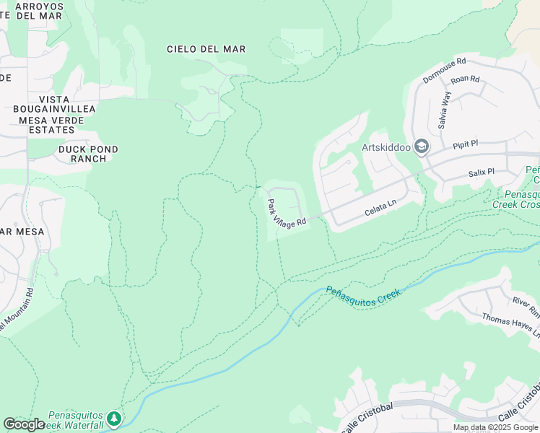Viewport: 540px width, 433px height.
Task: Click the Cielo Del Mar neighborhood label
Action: pyautogui.click(x=206, y=49)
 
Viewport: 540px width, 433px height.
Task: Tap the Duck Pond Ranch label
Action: pyautogui.click(x=88, y=154)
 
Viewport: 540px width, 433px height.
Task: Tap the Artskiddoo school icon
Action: pyautogui.click(x=422, y=147)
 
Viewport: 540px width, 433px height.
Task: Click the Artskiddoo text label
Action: pyautogui.click(x=386, y=147)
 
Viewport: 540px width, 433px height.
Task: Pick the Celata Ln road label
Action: pyautogui.click(x=381, y=207)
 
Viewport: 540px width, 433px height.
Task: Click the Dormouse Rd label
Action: pyautogui.click(x=445, y=71)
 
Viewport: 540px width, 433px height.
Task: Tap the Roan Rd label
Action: pyautogui.click(x=465, y=80)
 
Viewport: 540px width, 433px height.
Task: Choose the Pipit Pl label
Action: pyautogui.click(x=465, y=144)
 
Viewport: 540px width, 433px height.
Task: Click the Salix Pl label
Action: pyautogui.click(x=480, y=172)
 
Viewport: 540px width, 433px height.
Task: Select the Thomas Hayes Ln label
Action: pyautogui.click(x=510, y=322)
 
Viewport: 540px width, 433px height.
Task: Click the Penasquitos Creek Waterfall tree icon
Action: pyautogui.click(x=113, y=419)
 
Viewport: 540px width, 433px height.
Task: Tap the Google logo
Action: pyautogui.click(x=24, y=424)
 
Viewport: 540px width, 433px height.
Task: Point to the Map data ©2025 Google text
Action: pyautogui.click(x=496, y=427)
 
